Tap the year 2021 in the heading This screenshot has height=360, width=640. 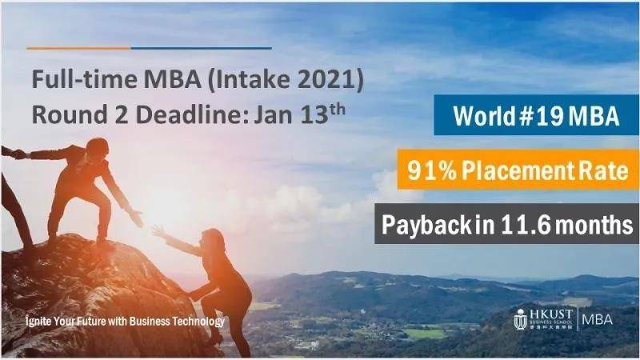[x=336, y=81]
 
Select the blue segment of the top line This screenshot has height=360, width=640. [x=201, y=48]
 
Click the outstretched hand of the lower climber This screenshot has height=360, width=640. [x=158, y=231]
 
